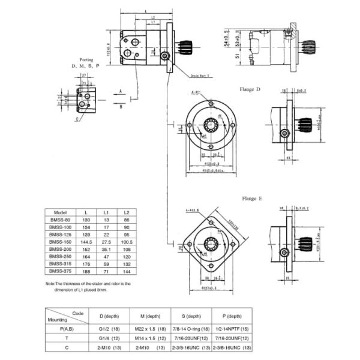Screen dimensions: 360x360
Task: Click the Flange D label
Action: click(251, 89)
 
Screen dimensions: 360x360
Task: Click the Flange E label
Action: click(251, 199)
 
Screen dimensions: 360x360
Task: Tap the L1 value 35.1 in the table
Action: click(106, 248)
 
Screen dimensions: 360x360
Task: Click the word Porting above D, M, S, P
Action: click(85, 59)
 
